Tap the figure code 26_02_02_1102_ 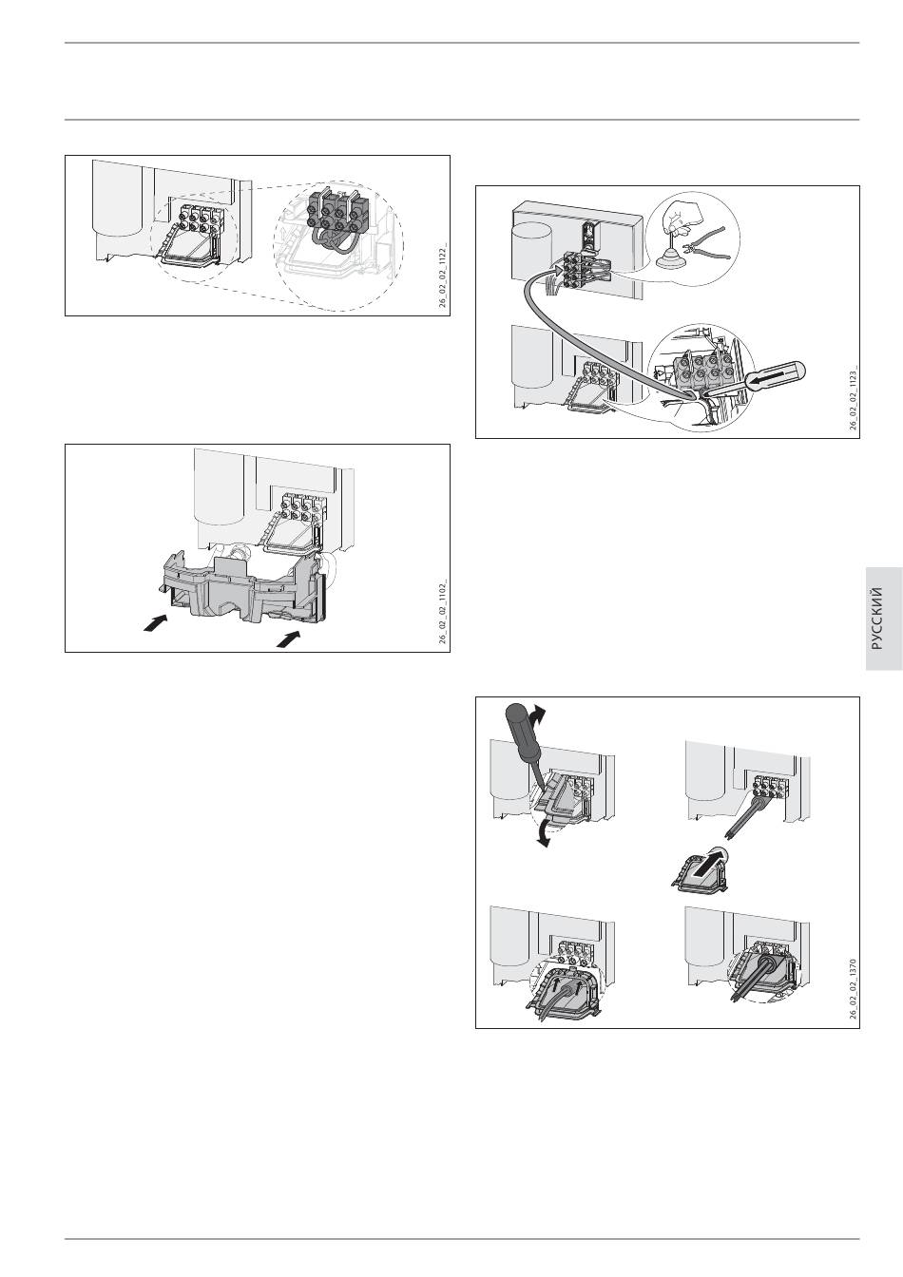pos(443,612)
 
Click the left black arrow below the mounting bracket pos(155,623)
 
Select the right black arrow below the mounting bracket pos(289,638)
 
